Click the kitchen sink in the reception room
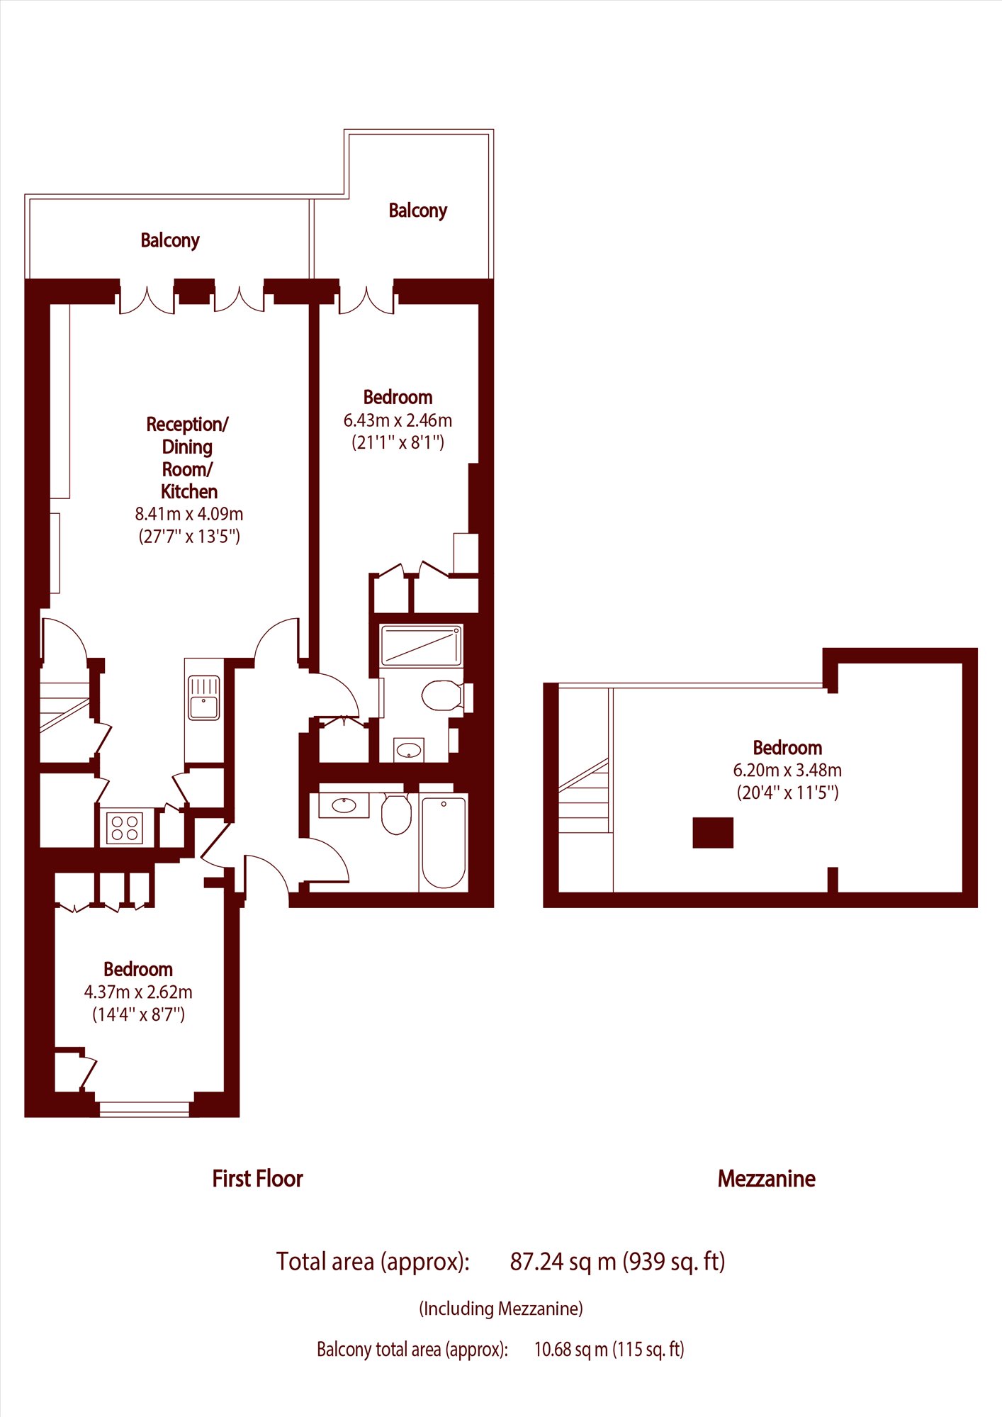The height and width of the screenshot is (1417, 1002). pos(204,698)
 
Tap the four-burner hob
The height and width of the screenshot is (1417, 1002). pos(125,828)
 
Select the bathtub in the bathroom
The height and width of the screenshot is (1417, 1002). pos(444,843)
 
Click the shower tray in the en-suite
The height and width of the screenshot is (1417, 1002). pos(422,646)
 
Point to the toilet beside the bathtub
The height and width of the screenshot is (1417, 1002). pos(397,814)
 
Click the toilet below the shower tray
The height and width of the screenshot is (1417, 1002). pos(444,695)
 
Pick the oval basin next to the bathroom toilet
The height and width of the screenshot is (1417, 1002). pos(344,805)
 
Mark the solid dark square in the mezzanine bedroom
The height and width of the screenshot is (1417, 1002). pos(713,832)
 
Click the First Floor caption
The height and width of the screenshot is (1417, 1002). pos(257,1178)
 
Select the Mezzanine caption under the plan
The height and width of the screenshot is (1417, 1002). pos(766,1178)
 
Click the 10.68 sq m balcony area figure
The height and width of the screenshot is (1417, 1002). pos(571,1349)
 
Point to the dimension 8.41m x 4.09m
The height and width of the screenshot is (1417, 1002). pos(189,514)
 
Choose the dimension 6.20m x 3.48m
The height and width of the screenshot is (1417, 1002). pos(787,770)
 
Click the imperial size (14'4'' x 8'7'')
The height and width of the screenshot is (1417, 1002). pos(138,1014)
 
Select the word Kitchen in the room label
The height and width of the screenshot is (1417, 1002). pos(189,491)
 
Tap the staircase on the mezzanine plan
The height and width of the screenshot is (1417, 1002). pos(584,794)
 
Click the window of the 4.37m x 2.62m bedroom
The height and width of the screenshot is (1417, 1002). pos(145,1109)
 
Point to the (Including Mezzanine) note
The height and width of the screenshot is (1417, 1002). pos(501,1309)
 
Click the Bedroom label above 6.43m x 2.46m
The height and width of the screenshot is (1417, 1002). pos(398,397)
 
